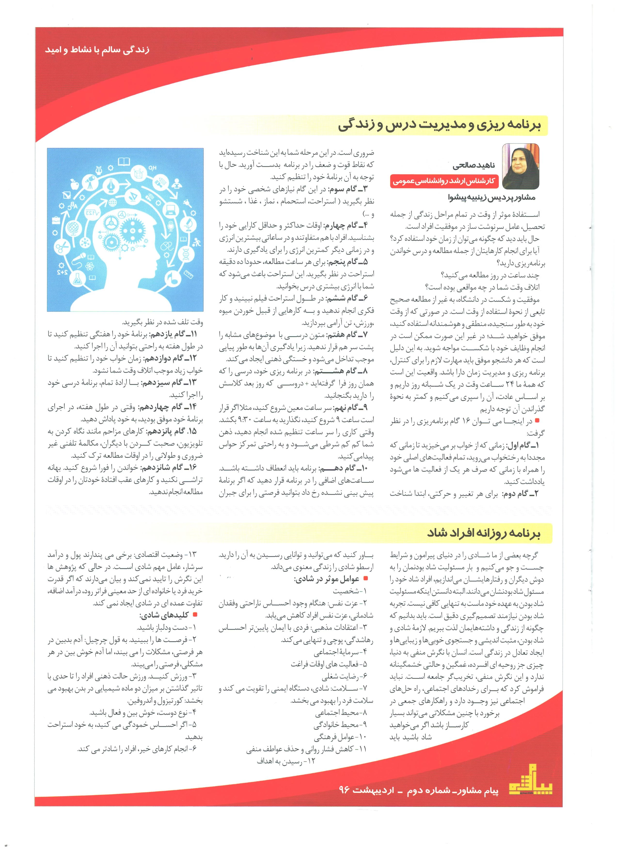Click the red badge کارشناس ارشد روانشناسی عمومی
click(x=444, y=181)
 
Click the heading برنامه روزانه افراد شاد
click(x=483, y=533)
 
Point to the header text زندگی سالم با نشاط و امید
click(x=97, y=50)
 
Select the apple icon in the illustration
click(x=74, y=183)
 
